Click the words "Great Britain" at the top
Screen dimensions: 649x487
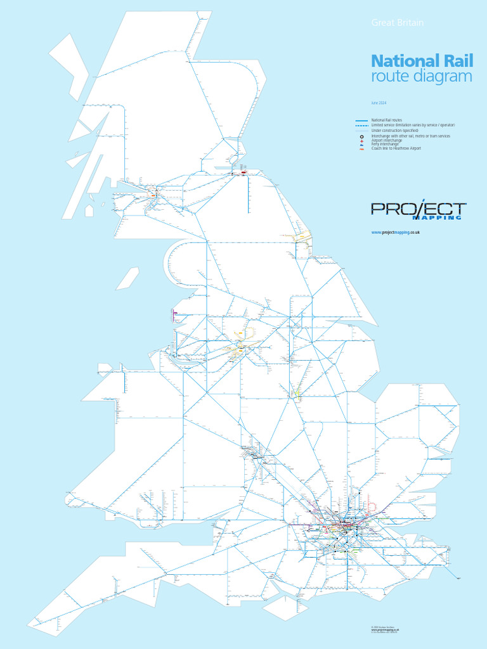click(x=397, y=23)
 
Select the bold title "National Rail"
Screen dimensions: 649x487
click(x=413, y=61)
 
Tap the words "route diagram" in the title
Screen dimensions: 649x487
click(x=422, y=77)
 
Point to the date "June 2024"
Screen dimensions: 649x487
click(x=379, y=103)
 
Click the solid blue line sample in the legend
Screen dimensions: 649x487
click(x=361, y=120)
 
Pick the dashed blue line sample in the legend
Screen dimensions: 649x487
click(x=361, y=125)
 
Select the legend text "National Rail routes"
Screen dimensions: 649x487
click(x=387, y=120)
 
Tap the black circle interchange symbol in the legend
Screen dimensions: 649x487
click(x=361, y=136)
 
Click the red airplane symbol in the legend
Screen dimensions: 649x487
click(x=361, y=141)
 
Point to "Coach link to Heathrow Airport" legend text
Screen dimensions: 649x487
click(x=396, y=148)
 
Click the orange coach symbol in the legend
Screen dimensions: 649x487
click(x=361, y=148)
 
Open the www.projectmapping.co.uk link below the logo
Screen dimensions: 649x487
click(x=396, y=233)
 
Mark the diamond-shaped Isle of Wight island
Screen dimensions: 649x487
click(x=285, y=608)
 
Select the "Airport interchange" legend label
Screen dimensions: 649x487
click(x=387, y=140)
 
